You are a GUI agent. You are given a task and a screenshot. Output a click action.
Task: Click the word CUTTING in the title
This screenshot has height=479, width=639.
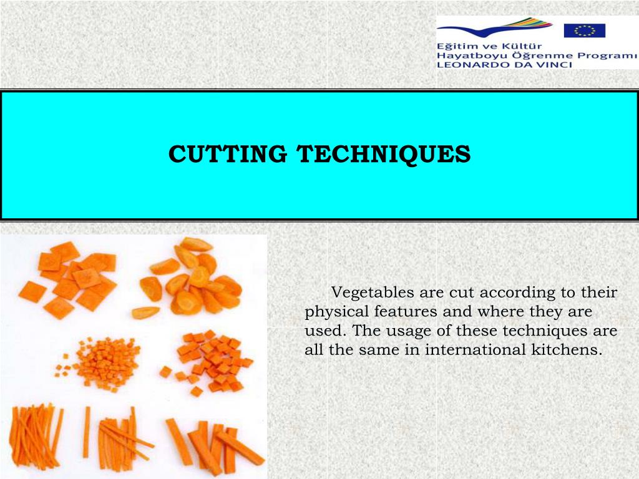[x=228, y=154]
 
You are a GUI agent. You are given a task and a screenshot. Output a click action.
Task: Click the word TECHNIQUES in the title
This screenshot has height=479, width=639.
[x=383, y=154]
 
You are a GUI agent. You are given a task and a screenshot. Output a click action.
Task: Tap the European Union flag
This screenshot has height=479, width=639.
[x=585, y=30]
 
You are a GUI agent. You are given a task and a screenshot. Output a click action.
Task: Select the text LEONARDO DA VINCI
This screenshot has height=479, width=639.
[x=504, y=64]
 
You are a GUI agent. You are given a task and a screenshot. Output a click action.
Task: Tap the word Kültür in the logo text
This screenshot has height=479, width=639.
[x=522, y=46]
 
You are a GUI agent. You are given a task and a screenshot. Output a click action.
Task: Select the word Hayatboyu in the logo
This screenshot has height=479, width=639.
[x=462, y=55]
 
